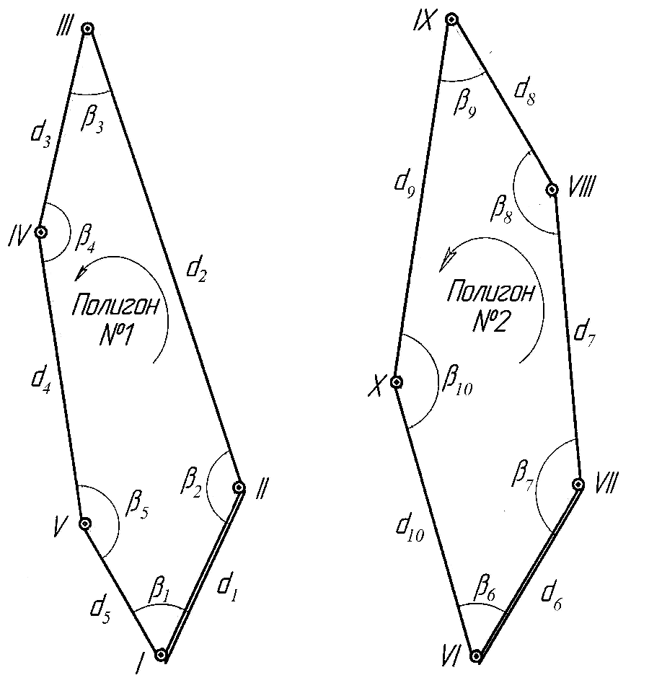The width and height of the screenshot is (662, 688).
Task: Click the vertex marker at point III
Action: (x=88, y=29)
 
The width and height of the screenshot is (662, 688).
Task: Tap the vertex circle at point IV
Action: (x=41, y=233)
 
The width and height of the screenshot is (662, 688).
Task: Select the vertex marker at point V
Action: (x=84, y=524)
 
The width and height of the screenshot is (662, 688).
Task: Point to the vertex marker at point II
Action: (x=239, y=488)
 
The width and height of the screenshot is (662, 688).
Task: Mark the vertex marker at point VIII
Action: (x=552, y=190)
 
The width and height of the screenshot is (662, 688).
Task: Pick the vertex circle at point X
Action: (x=396, y=382)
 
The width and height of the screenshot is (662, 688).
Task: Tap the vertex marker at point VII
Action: (x=578, y=484)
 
